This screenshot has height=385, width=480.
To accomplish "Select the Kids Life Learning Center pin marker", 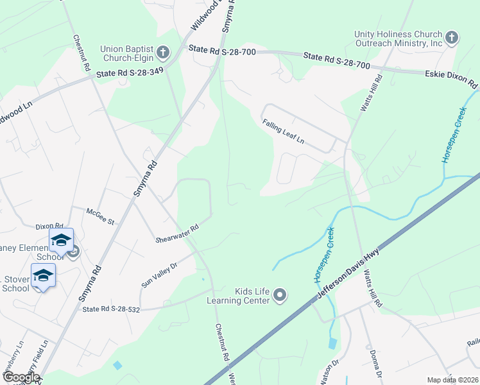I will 279,295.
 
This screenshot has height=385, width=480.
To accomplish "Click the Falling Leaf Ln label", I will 282,132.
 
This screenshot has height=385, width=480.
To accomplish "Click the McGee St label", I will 101,218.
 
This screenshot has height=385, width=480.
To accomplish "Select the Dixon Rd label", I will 49,227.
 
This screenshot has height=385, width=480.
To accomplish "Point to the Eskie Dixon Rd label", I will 452,80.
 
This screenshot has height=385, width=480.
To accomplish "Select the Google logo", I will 21,377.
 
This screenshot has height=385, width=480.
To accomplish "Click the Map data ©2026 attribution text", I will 452,380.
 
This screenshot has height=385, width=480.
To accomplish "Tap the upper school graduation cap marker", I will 61,241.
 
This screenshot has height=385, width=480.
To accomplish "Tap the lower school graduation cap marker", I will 43,275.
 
